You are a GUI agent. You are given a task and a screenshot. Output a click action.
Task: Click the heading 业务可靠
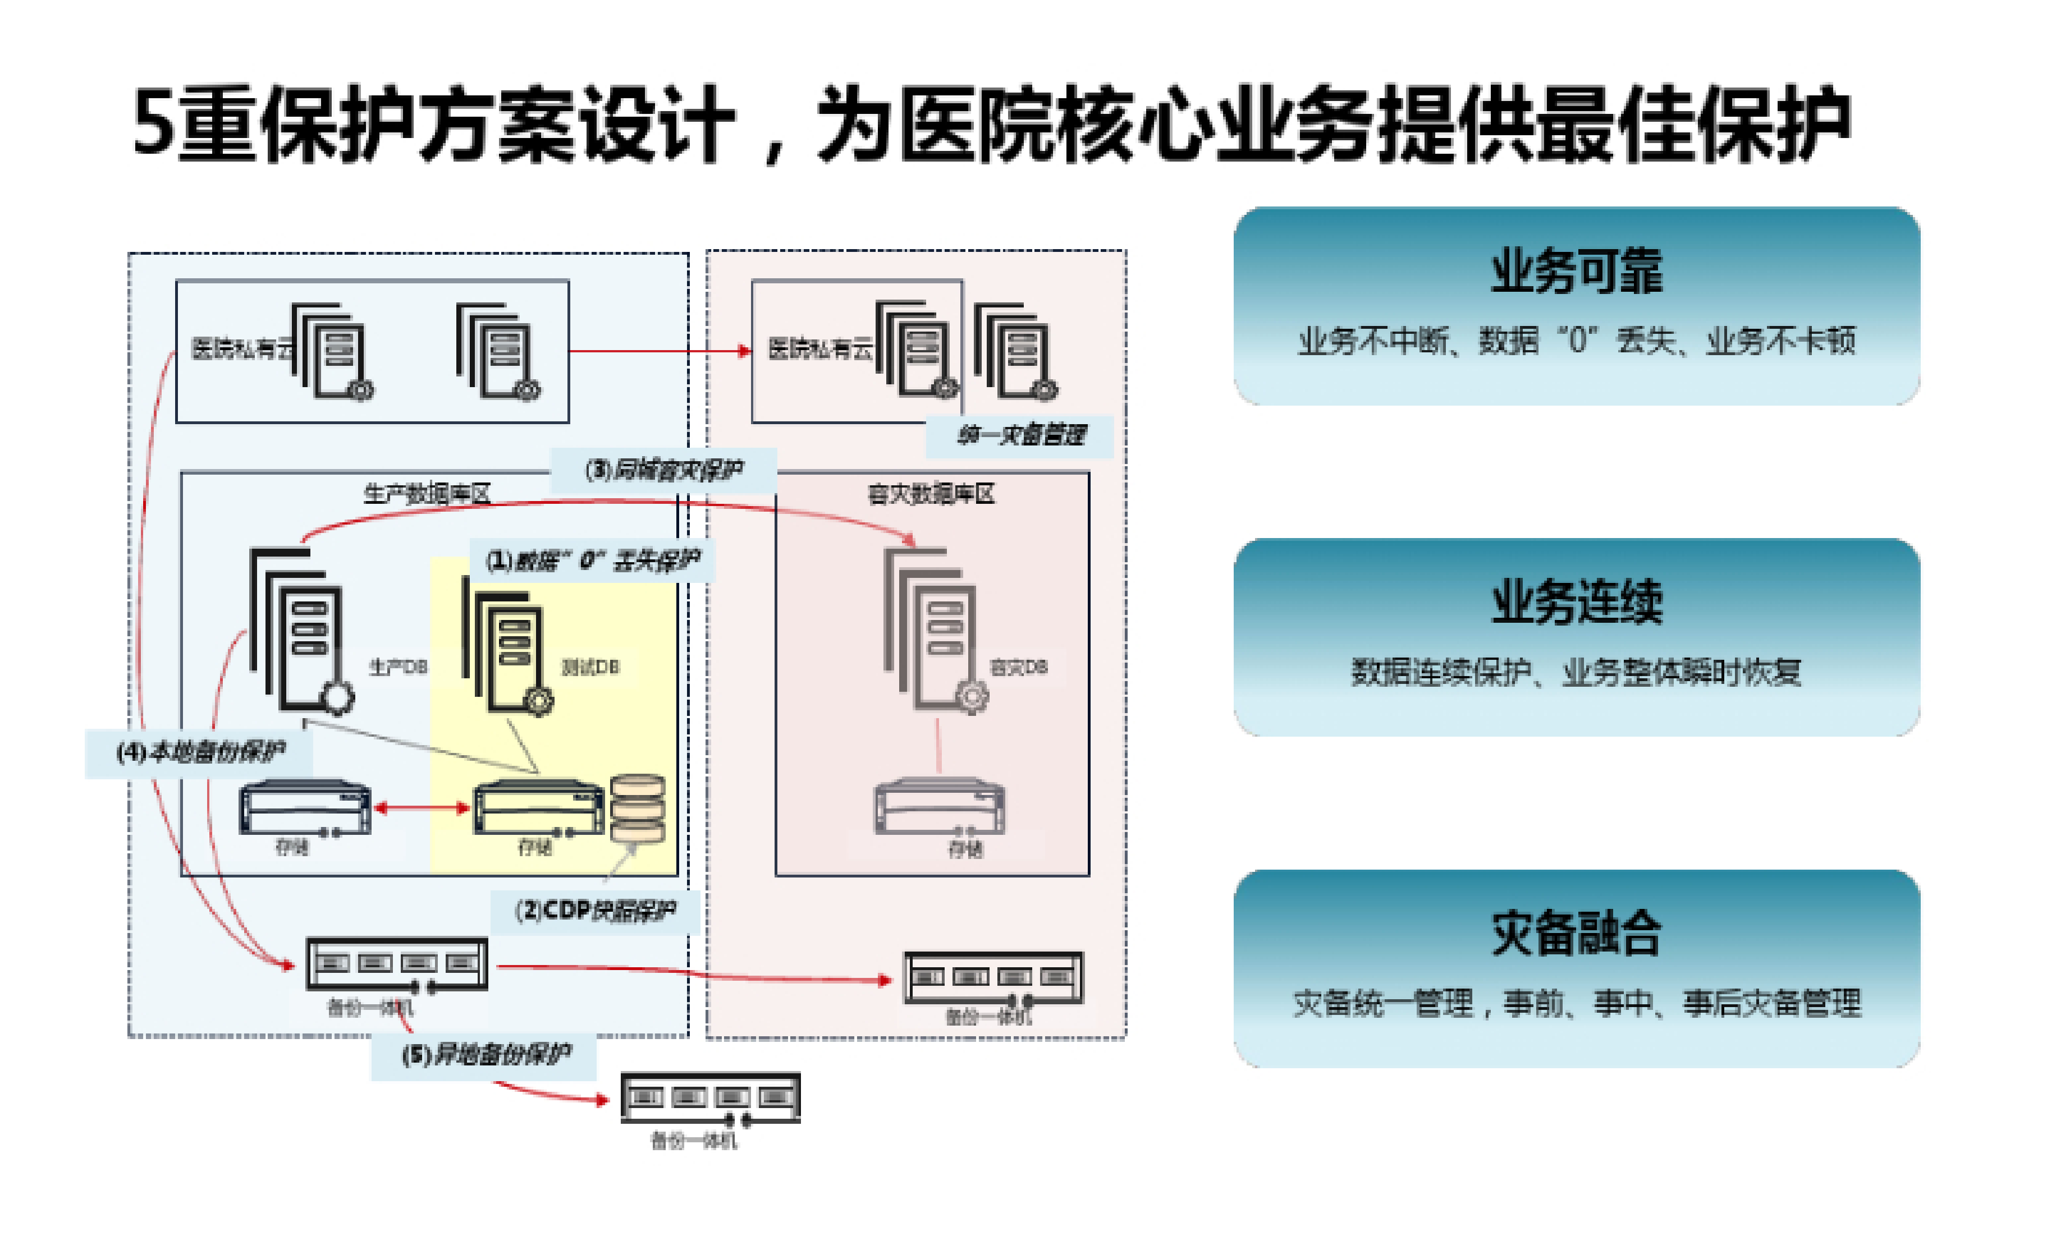pyautogui.click(x=1576, y=272)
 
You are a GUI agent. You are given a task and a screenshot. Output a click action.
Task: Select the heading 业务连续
pyautogui.click(x=1576, y=603)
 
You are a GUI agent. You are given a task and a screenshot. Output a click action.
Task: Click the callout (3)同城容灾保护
pyautogui.click(x=663, y=471)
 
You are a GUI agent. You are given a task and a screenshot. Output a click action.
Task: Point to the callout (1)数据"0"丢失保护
pyautogui.click(x=592, y=560)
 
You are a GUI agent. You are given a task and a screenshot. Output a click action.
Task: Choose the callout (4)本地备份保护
pyautogui.click(x=200, y=752)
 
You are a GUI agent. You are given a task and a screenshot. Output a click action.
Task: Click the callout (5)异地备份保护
pyautogui.click(x=486, y=1055)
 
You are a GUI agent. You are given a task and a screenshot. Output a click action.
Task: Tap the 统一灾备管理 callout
pyautogui.click(x=1020, y=435)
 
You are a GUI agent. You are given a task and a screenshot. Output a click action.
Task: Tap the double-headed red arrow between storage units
pyautogui.click(x=422, y=807)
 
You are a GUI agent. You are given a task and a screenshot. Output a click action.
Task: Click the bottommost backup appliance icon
pyautogui.click(x=711, y=1099)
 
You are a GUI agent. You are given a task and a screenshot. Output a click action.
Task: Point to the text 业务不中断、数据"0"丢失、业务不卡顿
pyautogui.click(x=1576, y=341)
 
